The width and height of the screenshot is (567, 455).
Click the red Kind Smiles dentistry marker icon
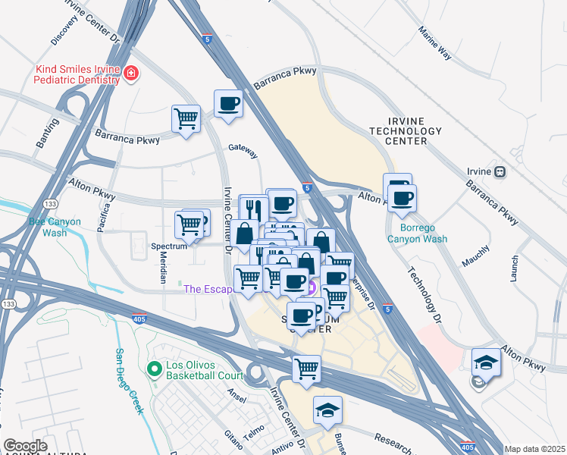131,74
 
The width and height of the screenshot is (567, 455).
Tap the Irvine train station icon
500,172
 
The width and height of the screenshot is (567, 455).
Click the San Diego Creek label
129,381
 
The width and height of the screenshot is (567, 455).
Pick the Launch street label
515,268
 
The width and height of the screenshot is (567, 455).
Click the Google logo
25,446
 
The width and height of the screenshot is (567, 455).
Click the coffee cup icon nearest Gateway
227,104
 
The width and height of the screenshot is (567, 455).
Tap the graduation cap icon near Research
327,410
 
